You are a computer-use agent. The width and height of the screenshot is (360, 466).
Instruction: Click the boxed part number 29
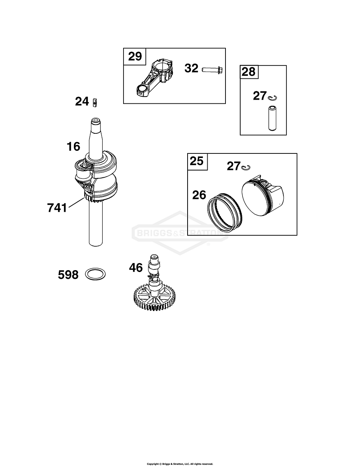click(135, 56)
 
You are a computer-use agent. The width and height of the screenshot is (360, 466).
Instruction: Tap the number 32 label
click(191, 69)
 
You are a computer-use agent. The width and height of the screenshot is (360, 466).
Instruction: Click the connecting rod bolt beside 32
click(212, 70)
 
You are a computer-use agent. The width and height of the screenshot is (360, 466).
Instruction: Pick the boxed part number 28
click(249, 72)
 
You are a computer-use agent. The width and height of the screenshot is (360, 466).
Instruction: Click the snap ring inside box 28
click(272, 99)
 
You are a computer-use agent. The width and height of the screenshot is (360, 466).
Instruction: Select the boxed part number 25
click(197, 161)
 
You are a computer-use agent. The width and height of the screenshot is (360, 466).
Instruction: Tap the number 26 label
click(199, 195)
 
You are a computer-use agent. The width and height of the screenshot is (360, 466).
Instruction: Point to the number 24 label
click(82, 102)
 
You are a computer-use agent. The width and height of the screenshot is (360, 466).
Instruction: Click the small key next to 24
click(95, 102)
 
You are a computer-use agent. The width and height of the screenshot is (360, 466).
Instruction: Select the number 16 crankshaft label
click(74, 146)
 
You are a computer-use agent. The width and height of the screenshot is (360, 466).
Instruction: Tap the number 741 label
click(57, 208)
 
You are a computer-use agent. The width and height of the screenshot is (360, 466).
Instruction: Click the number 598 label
click(68, 275)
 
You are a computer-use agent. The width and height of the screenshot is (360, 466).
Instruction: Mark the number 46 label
click(136, 268)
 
